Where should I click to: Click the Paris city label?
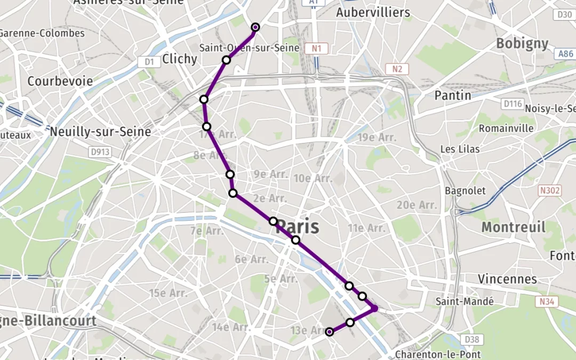tap(298, 227)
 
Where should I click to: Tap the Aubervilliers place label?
tap(373, 12)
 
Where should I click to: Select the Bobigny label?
tap(522, 44)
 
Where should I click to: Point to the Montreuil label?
tap(513, 227)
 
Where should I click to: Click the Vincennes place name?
tap(507, 279)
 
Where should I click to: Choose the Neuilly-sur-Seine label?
tap(100, 131)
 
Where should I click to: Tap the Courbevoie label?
tap(60, 82)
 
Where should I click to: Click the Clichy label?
tap(180, 59)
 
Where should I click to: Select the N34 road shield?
tap(547, 302)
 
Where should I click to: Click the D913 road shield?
tap(100, 153)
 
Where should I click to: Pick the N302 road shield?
tap(550, 190)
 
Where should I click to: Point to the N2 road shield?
tap(397, 69)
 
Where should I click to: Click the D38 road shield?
tap(471, 339)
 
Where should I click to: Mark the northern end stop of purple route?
tap(255, 27)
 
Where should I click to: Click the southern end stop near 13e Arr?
tap(330, 332)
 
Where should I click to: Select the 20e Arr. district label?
tap(417, 205)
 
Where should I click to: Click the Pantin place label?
tap(453, 95)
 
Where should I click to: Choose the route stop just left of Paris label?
tap(273, 221)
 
